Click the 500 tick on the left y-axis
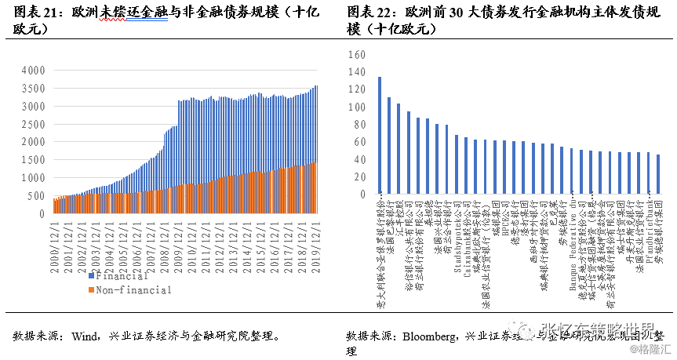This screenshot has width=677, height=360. [x=36, y=195]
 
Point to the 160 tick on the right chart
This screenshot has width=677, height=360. [x=356, y=55]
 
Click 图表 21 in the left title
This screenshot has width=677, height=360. [x=27, y=11]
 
